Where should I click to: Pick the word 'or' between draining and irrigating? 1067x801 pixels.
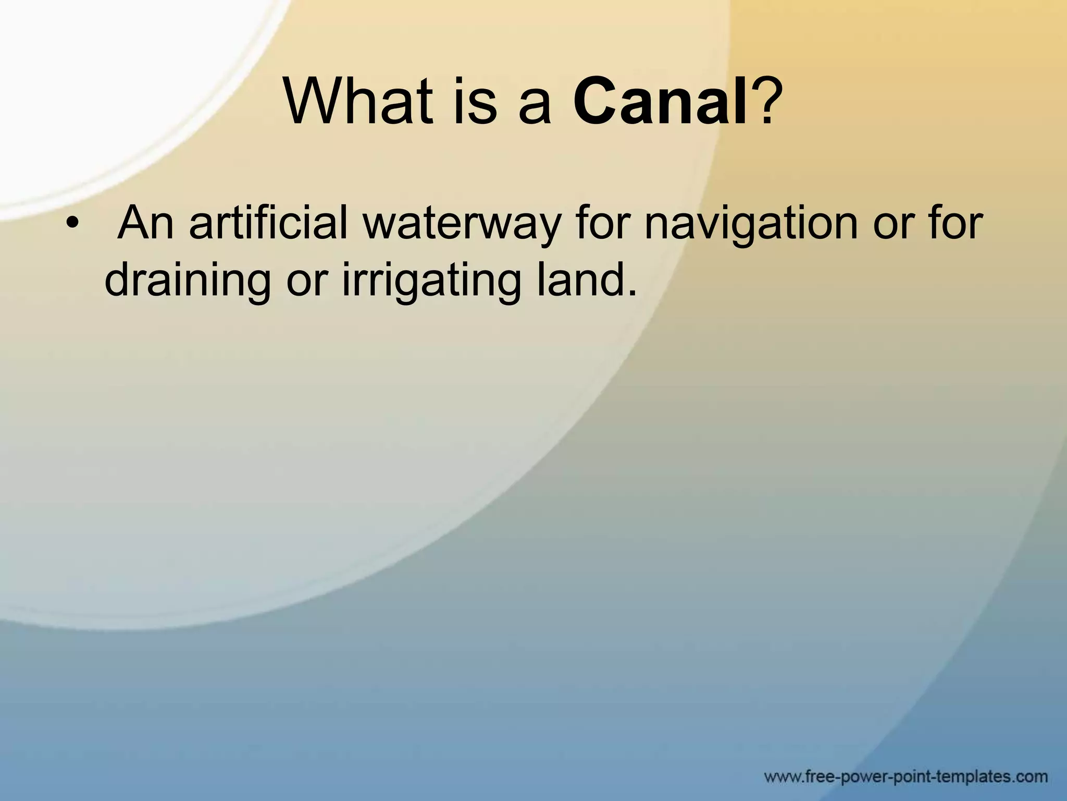[307, 282]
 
